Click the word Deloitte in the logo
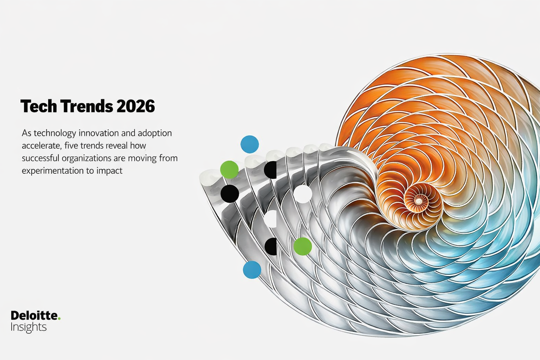coord(34,315)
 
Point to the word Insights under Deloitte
coord(28,327)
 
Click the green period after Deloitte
coord(59,319)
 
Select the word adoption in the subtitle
coord(155,133)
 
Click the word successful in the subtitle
coord(40,158)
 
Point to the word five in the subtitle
coord(71,146)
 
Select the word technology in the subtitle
coord(55,133)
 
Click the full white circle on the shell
coord(303,194)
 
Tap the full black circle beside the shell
coord(230,193)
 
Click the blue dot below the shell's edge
coord(252,270)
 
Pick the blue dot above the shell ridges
coord(250,144)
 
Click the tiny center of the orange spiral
coord(419,201)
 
